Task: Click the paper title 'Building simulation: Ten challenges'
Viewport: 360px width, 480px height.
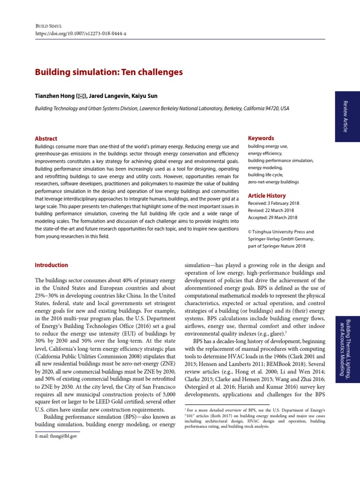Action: [x=109, y=72]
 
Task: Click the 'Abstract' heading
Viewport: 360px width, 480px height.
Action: [x=46, y=139]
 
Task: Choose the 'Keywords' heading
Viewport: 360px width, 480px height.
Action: [x=261, y=138]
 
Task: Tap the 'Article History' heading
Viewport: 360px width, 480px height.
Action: [x=266, y=195]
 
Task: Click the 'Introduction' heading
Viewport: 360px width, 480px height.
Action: [x=52, y=265]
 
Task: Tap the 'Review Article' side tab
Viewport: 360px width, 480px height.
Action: [x=346, y=116]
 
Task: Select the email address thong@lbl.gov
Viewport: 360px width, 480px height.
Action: [x=56, y=436]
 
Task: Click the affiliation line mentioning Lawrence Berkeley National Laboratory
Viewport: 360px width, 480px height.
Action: [x=162, y=108]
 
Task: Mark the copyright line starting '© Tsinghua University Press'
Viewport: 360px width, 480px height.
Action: [x=281, y=232]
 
